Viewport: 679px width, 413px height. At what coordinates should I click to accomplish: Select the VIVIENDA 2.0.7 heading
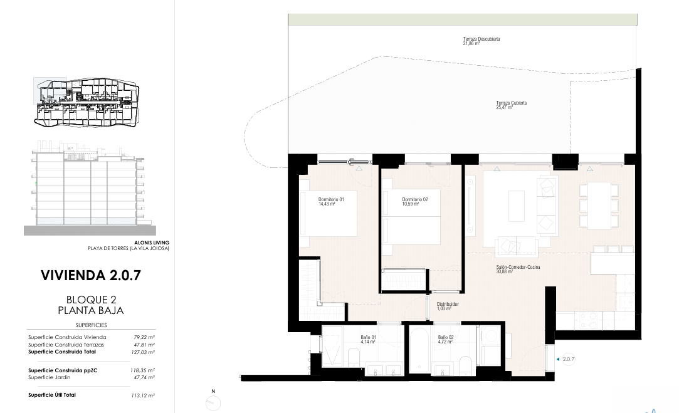click(91, 275)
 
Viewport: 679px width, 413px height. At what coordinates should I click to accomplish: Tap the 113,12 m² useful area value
click(143, 395)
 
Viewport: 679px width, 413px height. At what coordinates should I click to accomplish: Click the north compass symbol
click(213, 403)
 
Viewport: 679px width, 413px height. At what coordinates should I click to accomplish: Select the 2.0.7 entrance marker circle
click(568, 359)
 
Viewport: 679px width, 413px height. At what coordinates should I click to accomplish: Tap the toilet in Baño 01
click(354, 358)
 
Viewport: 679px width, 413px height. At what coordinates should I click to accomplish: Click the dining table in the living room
click(599, 206)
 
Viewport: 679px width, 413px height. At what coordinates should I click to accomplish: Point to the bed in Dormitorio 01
click(329, 213)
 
